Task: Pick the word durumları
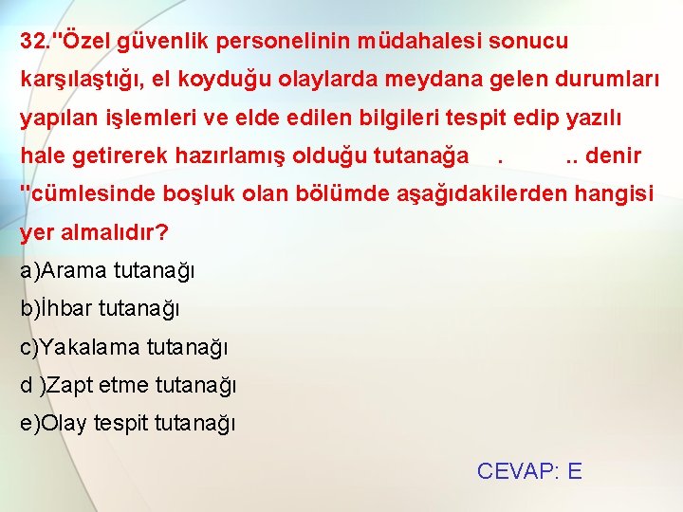click(x=606, y=80)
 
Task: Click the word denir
click(x=614, y=155)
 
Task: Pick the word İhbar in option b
click(x=65, y=308)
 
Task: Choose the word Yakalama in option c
click(x=90, y=347)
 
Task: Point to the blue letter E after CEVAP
click(x=574, y=471)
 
